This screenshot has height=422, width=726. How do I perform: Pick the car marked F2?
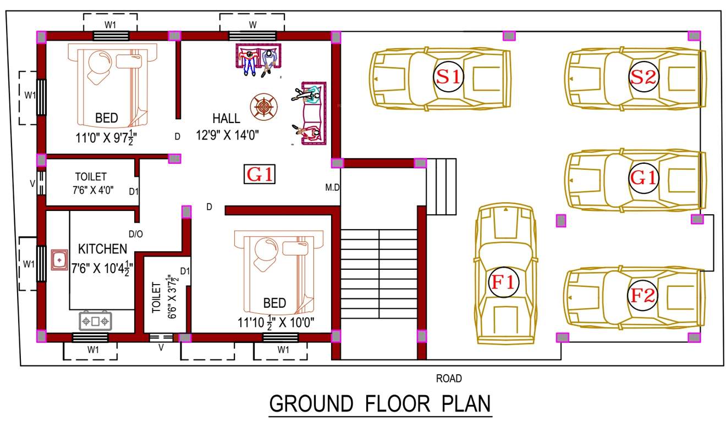coord(635,296)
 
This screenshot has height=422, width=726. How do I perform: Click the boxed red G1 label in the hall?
coord(260,175)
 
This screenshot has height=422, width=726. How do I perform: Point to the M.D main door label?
coord(333,188)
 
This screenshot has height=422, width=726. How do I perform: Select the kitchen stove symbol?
coord(96,320)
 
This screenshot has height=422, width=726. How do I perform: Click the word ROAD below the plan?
coord(449,379)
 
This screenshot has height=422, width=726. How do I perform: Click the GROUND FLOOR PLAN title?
coord(380,404)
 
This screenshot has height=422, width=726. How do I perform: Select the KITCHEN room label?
coord(102,249)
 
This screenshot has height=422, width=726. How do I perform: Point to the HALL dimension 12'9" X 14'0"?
coord(228,135)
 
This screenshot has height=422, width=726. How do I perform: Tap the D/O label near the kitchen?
coord(136,234)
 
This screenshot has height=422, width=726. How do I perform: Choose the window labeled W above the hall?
coord(252,36)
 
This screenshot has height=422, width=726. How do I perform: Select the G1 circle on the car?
coord(643,179)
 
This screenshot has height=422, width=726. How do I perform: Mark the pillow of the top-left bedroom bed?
coord(131,60)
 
